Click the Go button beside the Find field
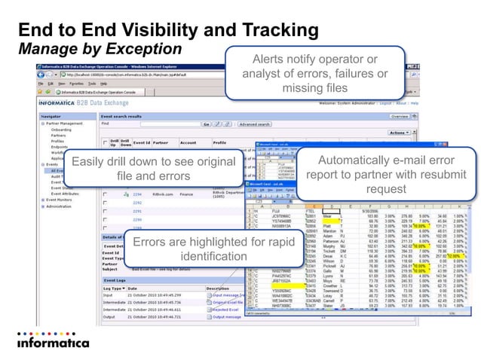click(x=207, y=124)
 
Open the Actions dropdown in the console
click(x=418, y=132)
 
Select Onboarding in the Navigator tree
click(x=61, y=129)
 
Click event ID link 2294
click(x=137, y=194)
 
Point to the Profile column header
click(x=220, y=142)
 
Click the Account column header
click(x=188, y=142)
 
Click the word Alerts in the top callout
click(x=268, y=59)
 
